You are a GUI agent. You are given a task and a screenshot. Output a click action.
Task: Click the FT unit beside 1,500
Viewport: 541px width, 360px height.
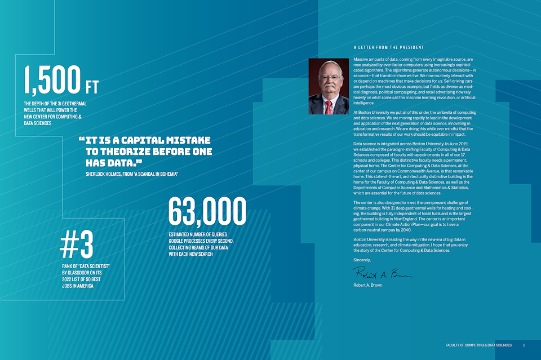91,87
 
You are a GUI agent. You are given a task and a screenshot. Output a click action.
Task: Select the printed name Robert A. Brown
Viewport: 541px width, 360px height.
367,285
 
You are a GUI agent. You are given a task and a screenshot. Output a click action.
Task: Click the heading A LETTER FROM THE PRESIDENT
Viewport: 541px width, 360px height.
389,47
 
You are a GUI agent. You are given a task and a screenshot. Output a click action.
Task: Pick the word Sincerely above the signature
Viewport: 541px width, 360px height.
362,260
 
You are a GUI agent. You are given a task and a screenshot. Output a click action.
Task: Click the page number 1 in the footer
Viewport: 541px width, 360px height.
524,345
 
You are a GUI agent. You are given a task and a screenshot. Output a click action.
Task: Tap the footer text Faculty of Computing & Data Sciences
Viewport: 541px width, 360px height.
478,345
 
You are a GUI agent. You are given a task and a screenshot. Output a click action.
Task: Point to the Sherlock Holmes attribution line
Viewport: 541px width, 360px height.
132,174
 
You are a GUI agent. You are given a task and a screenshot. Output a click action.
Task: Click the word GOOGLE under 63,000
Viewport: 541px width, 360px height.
179,241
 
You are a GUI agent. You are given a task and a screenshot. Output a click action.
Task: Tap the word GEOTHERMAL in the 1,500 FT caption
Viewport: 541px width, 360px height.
72,104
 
